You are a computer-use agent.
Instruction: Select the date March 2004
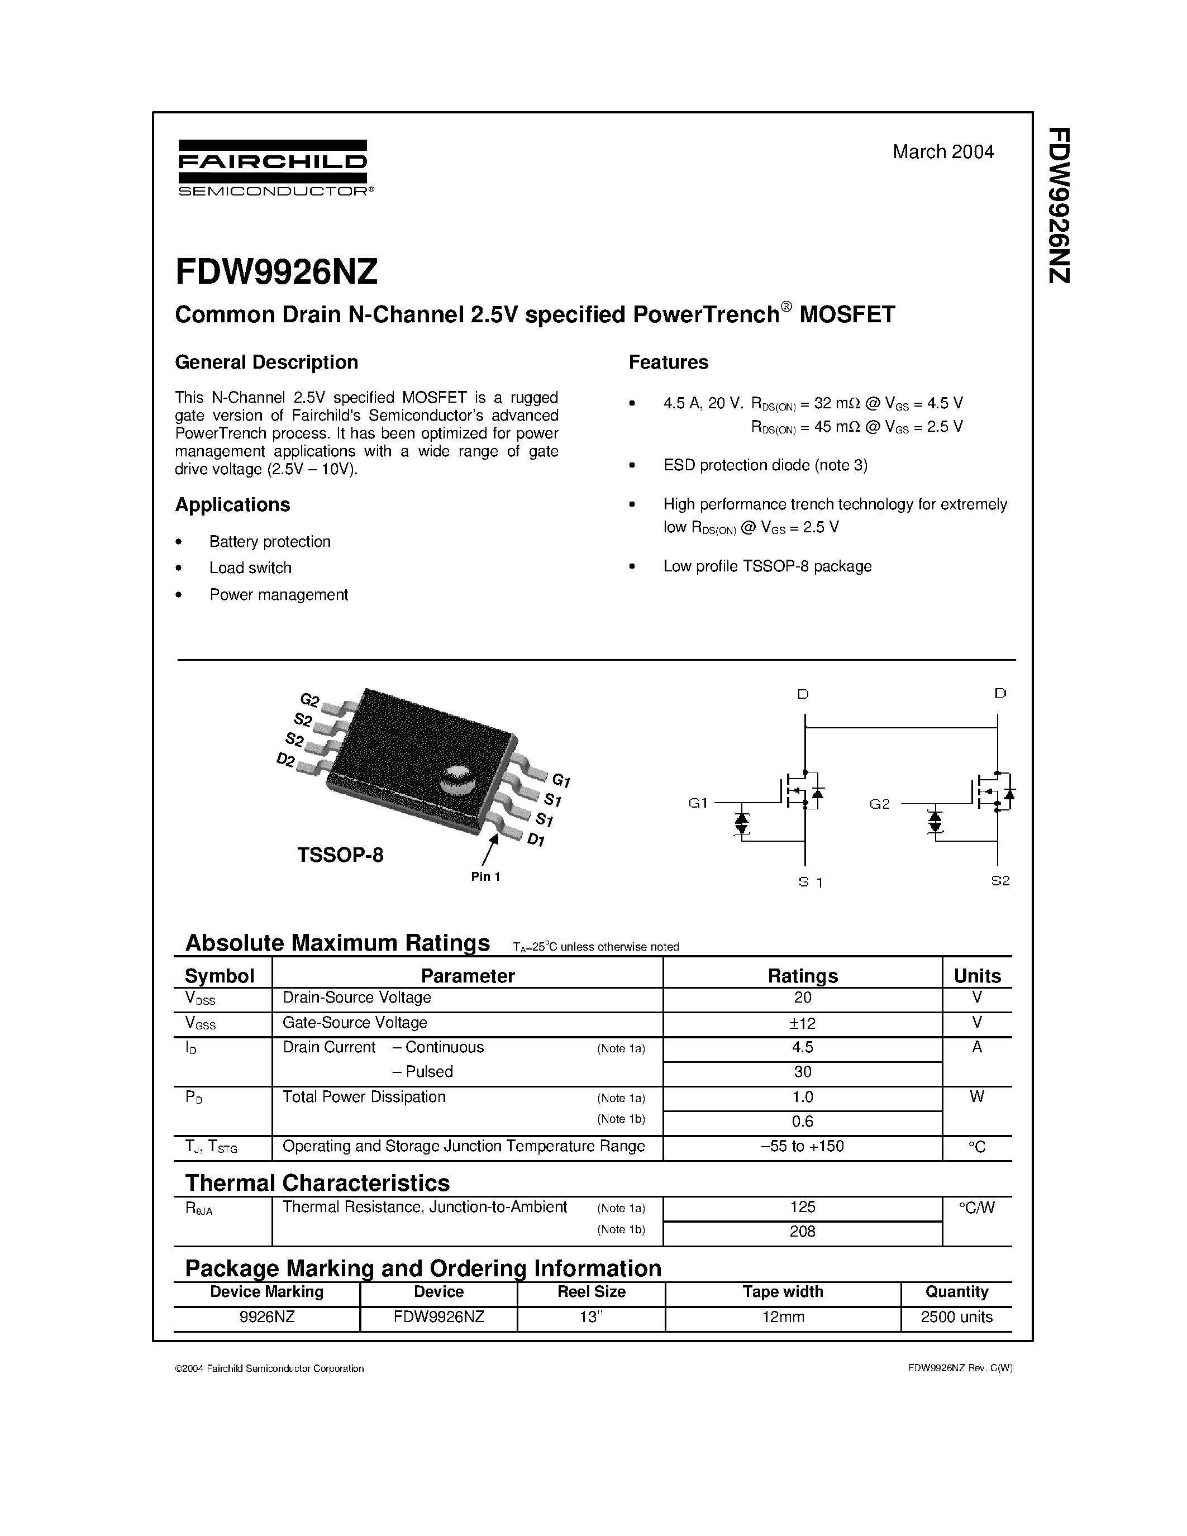(x=943, y=152)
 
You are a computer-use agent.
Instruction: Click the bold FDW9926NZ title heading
(x=277, y=272)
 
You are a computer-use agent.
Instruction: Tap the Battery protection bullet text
(x=269, y=542)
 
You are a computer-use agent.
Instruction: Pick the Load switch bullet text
(x=250, y=567)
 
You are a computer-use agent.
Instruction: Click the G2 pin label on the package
(x=309, y=699)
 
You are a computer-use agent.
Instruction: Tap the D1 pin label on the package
(x=537, y=839)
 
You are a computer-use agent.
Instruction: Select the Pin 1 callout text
(x=485, y=876)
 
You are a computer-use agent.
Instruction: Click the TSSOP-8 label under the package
(x=340, y=855)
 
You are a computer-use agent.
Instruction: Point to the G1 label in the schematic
(x=698, y=803)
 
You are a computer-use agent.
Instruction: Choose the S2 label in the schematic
(x=1000, y=880)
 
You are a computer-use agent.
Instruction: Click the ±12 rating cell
(x=802, y=1023)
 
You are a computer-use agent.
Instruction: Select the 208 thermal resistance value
(x=802, y=1231)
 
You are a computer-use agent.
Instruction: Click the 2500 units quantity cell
(x=956, y=1316)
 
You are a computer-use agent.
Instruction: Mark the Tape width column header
(x=783, y=1291)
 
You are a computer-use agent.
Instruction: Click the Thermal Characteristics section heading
(x=317, y=1183)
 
